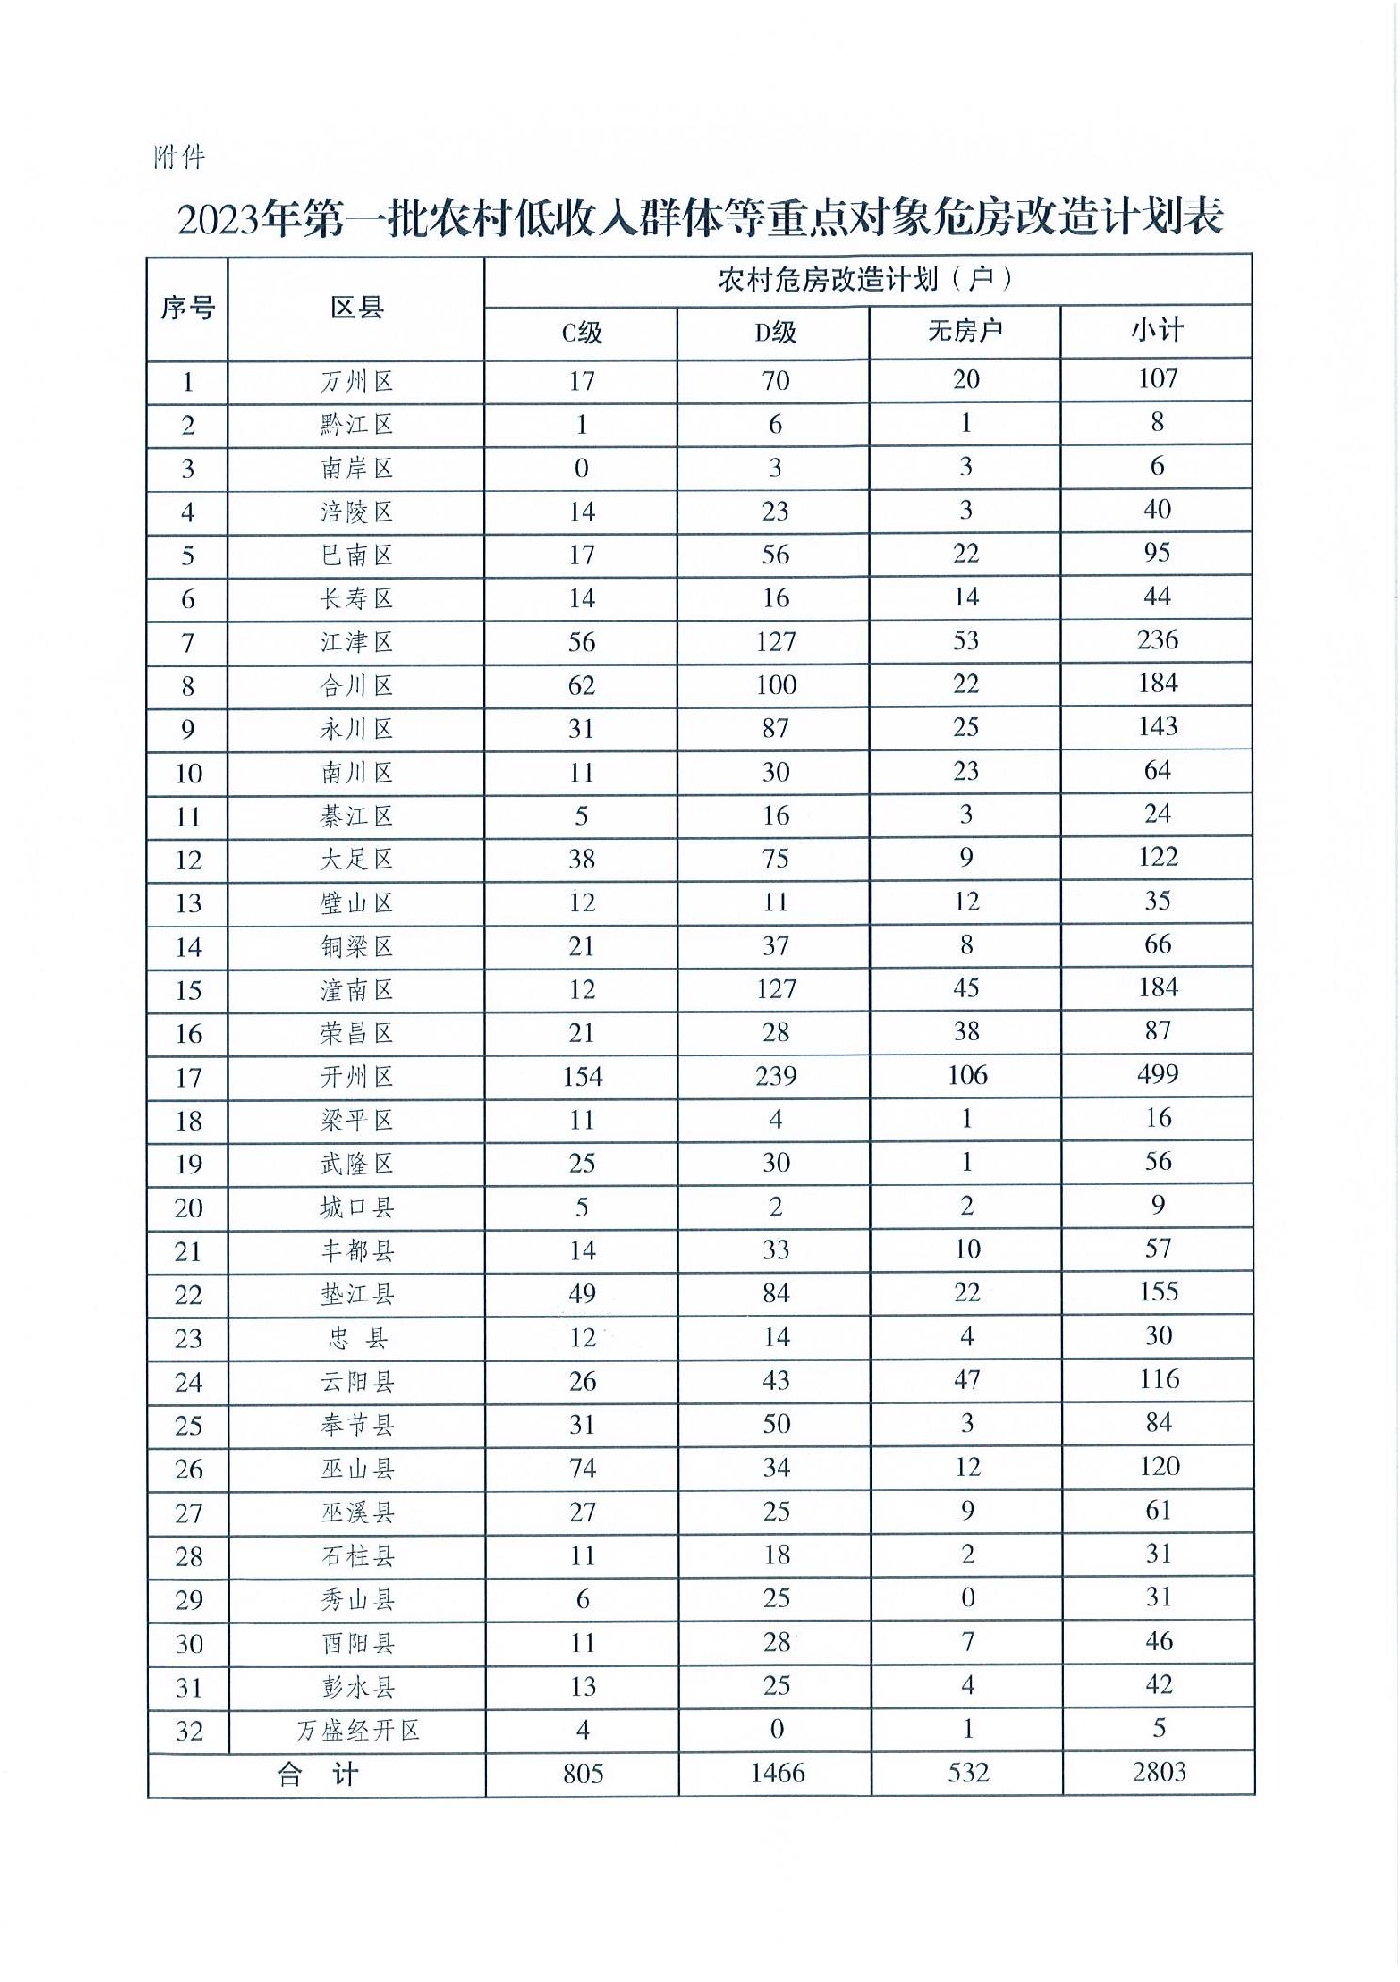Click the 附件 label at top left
click(179, 156)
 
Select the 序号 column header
click(187, 308)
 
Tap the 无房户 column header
click(965, 331)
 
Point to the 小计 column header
click(1157, 330)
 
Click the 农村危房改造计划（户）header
click(866, 280)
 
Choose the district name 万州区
click(356, 381)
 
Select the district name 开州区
click(356, 1076)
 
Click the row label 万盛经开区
click(357, 1730)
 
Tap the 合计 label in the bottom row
click(317, 1774)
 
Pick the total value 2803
click(1159, 1772)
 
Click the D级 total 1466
click(777, 1773)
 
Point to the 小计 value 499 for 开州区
click(1157, 1074)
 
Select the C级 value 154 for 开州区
click(582, 1076)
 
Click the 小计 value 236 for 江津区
click(1157, 640)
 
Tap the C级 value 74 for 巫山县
click(582, 1468)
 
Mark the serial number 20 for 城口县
click(188, 1208)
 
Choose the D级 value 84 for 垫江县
click(776, 1294)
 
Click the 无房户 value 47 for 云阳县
click(967, 1379)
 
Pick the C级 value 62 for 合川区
click(581, 685)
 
